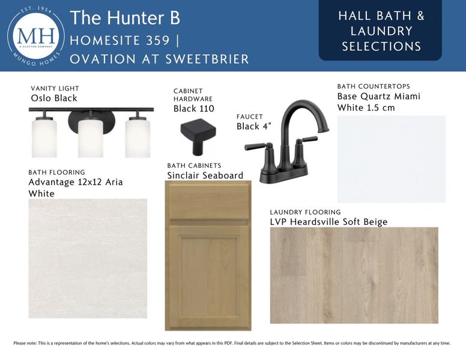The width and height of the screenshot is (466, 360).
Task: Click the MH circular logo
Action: [35, 36]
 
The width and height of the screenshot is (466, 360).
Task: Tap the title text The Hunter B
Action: [125, 17]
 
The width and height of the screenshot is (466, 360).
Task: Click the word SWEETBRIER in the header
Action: [207, 59]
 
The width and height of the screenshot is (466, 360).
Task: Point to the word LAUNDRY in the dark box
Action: [381, 31]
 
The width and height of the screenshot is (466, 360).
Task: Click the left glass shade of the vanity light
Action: [44, 137]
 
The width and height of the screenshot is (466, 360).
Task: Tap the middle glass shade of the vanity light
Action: [90, 137]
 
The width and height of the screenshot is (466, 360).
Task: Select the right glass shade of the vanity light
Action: [138, 137]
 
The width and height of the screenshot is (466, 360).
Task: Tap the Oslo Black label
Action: [54, 98]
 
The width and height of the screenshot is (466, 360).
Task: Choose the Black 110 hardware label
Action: [194, 109]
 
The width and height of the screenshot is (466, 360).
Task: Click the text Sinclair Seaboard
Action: [205, 175]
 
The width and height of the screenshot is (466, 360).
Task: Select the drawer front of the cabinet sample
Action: [208, 202]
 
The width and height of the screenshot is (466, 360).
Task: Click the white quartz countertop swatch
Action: [392, 159]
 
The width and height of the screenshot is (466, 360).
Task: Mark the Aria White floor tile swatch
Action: [88, 259]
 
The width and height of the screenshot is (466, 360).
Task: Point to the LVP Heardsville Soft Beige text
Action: [328, 222]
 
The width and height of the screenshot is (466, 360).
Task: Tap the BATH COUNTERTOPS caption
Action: [374, 86]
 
